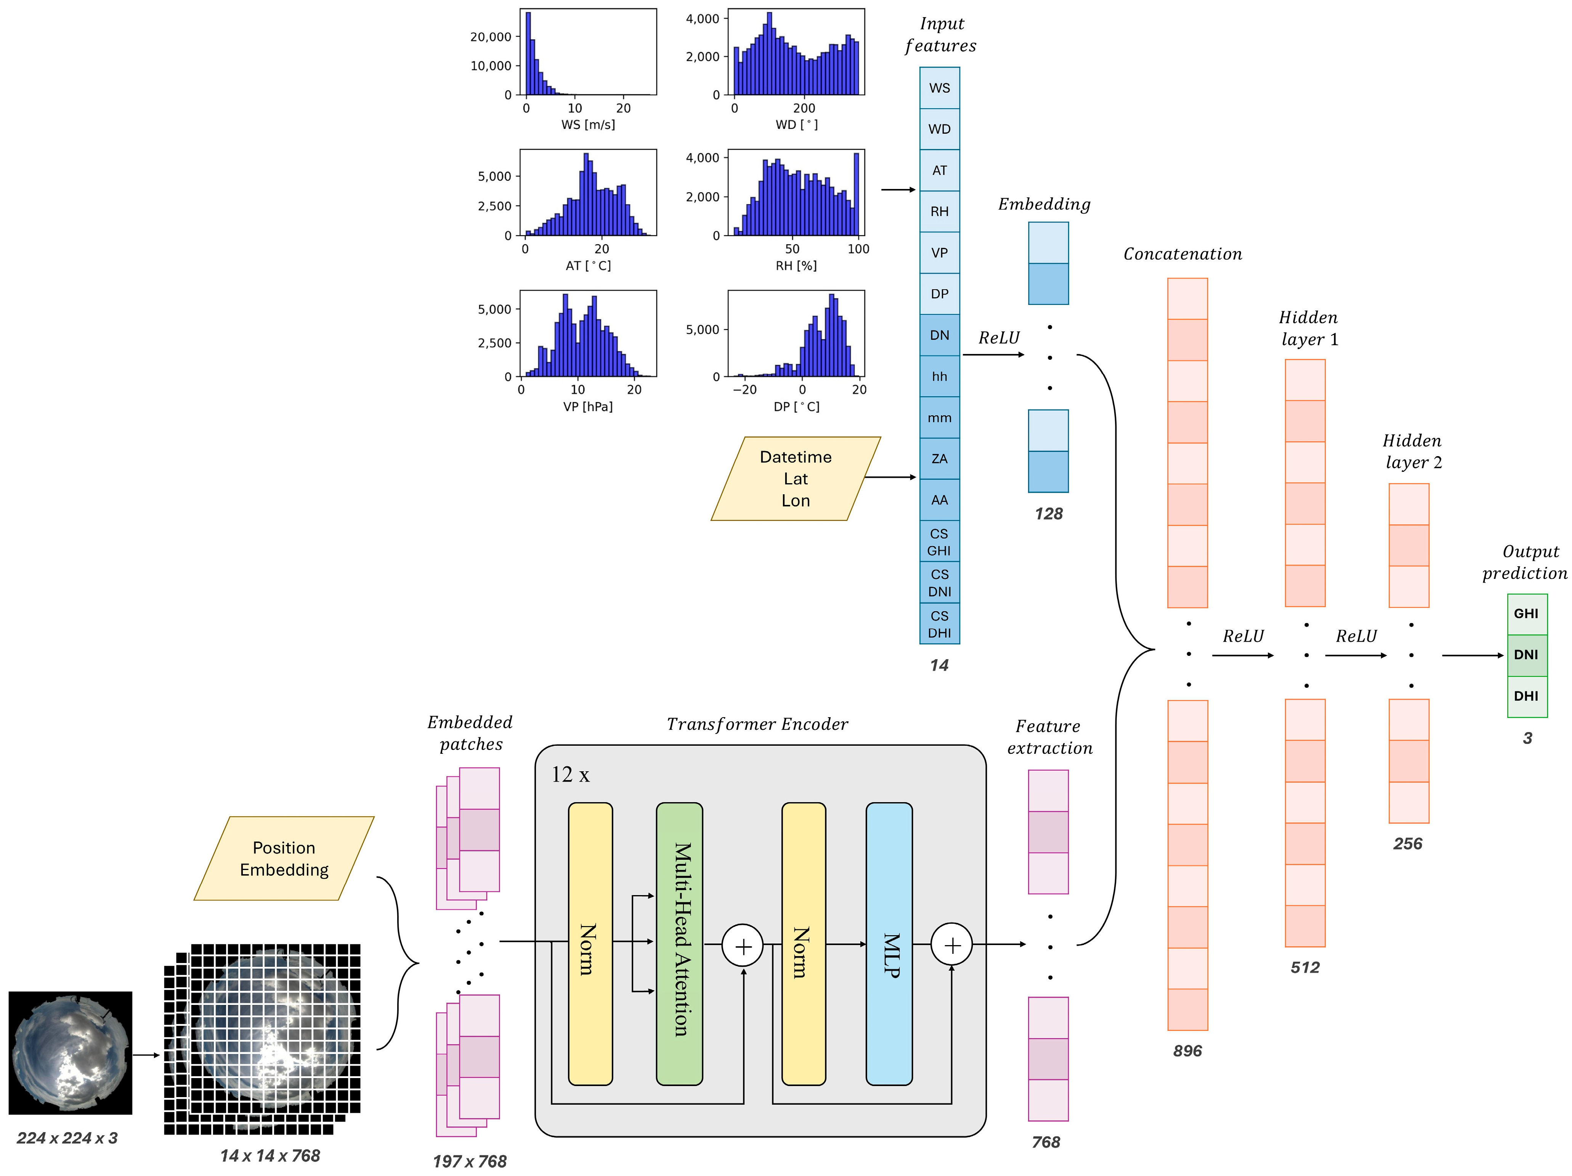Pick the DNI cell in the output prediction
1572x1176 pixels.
tap(1527, 654)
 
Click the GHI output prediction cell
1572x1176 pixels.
tap(1527, 613)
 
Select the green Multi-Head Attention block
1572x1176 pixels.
tap(679, 944)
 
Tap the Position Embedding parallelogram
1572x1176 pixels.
tap(284, 859)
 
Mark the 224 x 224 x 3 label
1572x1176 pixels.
tap(67, 1138)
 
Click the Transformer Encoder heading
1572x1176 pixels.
tap(757, 724)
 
